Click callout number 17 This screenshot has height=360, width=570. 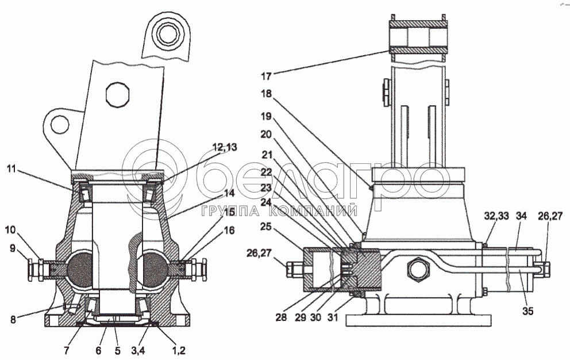tap(266, 76)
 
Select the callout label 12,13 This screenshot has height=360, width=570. tap(225, 147)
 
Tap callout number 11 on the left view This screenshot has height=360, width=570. tap(11, 168)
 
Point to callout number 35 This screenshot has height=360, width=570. tap(527, 311)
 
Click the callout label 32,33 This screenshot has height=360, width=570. tap(496, 217)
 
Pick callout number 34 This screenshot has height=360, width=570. tap(521, 217)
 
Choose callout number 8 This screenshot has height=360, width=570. tap(13, 320)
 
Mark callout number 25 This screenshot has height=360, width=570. tap(266, 227)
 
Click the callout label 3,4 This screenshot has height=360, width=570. tap(138, 350)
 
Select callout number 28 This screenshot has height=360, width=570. tap(281, 317)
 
